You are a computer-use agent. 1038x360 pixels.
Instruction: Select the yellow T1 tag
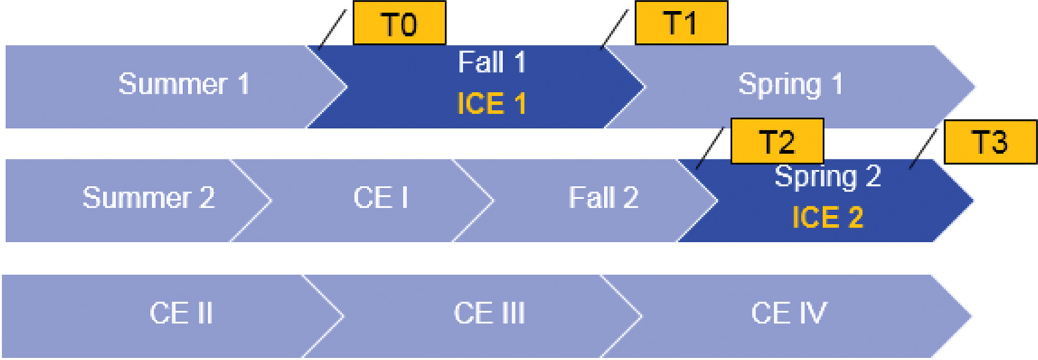pos(681,24)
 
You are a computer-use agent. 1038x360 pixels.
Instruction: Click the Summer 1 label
pos(184,84)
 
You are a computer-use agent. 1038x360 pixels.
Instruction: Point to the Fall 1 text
pos(492,63)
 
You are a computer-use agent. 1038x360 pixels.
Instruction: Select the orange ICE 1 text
pos(492,104)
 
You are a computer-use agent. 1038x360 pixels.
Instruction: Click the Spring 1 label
pos(791,84)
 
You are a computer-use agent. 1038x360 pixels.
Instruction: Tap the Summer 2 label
pos(149,198)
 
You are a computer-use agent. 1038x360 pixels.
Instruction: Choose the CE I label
pos(381,198)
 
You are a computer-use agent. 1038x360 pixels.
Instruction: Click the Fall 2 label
pos(604,198)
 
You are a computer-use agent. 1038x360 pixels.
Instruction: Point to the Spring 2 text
pos(828,176)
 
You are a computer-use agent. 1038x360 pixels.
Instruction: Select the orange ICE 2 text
pos(828,217)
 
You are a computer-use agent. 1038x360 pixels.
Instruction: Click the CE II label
pos(182,314)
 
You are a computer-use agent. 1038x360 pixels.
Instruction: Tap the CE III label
pos(489,314)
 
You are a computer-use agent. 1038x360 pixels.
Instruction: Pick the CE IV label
pos(788,314)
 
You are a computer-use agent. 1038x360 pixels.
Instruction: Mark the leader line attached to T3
pos(924,149)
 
